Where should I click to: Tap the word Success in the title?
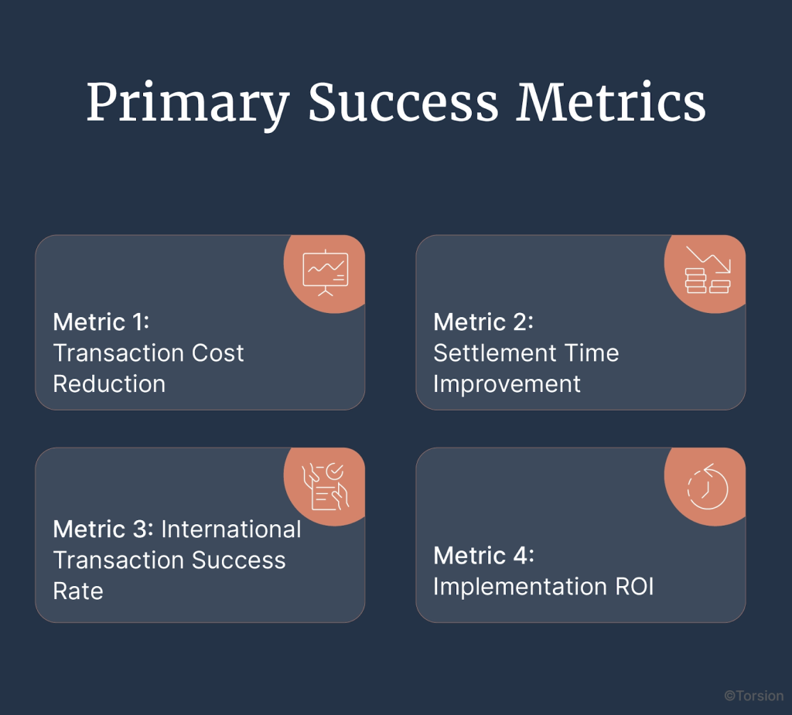403,101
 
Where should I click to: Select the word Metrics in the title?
611,101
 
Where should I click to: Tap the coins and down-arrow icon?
707,270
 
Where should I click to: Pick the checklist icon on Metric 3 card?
325,486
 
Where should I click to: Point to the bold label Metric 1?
101,322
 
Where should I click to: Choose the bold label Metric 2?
483,322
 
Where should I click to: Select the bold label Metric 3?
104,529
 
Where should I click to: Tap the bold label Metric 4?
483,555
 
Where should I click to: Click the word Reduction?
109,384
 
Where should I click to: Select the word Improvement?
507,384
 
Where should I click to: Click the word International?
231,529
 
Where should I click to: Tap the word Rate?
78,591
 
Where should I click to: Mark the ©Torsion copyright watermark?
753,696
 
